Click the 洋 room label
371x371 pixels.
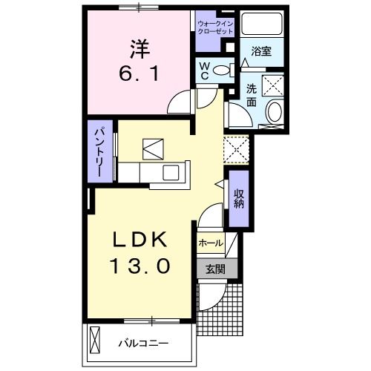click(140, 50)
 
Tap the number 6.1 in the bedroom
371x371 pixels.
click(140, 74)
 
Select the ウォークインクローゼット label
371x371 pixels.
click(215, 29)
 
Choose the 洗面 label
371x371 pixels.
click(252, 95)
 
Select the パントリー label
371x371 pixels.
click(99, 151)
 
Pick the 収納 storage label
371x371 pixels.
click(239, 197)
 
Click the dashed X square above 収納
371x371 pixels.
click(238, 151)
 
